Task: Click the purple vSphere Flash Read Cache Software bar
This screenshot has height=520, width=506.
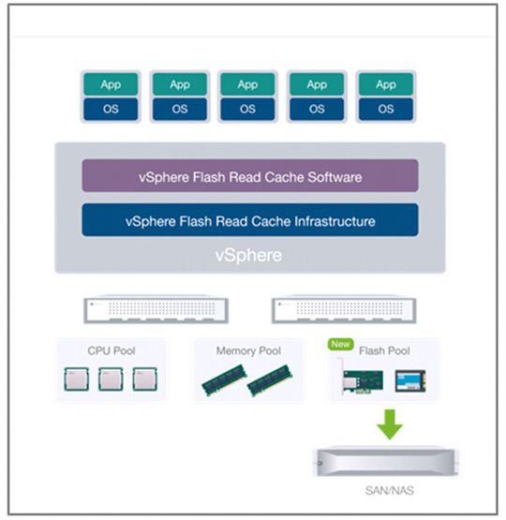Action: [x=249, y=176]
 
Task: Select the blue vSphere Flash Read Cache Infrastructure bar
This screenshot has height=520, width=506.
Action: [x=249, y=221]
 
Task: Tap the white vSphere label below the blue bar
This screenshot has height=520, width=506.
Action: [x=249, y=255]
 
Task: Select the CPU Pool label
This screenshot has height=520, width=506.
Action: [x=112, y=350]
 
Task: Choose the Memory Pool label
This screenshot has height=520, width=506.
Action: [x=248, y=350]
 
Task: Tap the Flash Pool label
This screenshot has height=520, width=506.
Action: [x=388, y=350]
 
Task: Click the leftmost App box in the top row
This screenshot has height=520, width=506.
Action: [x=111, y=84]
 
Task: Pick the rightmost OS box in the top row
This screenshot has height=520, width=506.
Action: [x=386, y=108]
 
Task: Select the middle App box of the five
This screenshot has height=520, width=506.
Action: [x=248, y=84]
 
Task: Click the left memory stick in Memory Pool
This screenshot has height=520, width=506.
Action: [x=224, y=379]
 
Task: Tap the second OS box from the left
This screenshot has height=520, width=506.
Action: [x=179, y=108]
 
